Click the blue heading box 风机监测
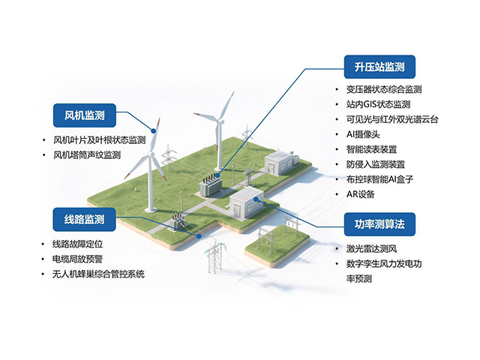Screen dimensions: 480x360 click(x=85, y=115)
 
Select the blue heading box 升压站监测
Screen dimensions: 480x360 click(x=379, y=67)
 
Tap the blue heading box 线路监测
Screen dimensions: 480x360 click(x=84, y=220)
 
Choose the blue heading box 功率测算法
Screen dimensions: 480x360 click(x=379, y=224)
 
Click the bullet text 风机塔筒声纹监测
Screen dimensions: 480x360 click(x=87, y=155)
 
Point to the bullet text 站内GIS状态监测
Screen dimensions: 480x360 click(x=378, y=104)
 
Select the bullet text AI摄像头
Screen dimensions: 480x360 click(x=363, y=134)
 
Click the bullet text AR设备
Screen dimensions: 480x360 click(x=360, y=194)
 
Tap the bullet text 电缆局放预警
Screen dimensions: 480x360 click(x=77, y=259)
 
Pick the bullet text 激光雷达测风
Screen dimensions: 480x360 click(x=371, y=248)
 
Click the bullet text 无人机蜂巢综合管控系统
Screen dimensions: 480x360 click(x=98, y=274)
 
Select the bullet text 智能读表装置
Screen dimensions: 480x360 click(x=371, y=149)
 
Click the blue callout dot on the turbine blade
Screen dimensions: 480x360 click(x=154, y=131)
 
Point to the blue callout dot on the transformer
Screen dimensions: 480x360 click(x=217, y=175)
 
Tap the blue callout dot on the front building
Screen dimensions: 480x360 click(x=256, y=199)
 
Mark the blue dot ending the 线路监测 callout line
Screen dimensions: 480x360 click(x=199, y=236)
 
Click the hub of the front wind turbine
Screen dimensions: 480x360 click(x=150, y=154)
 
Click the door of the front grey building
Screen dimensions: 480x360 click(x=236, y=210)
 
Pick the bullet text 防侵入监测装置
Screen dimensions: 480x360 click(x=376, y=164)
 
